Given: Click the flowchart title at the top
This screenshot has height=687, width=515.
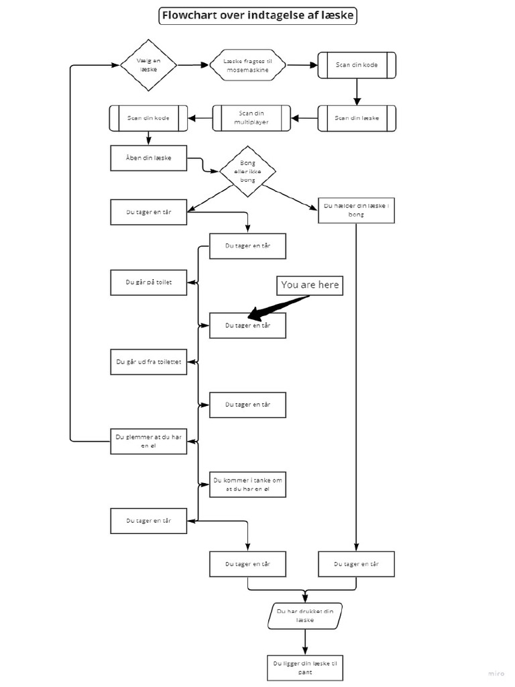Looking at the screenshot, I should [257, 16].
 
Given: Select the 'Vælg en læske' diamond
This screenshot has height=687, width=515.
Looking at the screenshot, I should [148, 64].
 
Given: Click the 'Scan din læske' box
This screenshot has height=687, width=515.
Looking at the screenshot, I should [357, 118].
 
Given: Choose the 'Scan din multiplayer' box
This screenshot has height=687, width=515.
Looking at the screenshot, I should [251, 118].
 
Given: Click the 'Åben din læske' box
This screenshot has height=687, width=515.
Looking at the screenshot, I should [148, 158].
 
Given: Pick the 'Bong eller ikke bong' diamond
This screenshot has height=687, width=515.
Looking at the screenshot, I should [247, 171].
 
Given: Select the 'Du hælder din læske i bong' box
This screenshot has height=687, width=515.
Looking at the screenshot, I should [356, 211].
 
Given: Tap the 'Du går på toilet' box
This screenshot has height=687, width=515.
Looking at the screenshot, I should [148, 282].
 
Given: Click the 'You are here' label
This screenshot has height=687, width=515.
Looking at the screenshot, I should [310, 285].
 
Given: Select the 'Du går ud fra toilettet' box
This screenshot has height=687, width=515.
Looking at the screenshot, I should [148, 362].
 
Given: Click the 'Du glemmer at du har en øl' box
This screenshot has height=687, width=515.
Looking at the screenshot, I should [148, 441].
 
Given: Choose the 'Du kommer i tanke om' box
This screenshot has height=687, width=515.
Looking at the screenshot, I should [247, 484].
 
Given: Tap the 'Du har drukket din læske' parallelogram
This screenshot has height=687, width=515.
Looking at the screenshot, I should [305, 616].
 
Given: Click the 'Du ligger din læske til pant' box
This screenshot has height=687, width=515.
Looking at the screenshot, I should [305, 668].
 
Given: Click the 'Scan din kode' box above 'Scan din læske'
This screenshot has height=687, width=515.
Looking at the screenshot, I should [357, 65].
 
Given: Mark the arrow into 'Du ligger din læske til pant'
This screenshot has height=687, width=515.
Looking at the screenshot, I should [305, 642].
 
